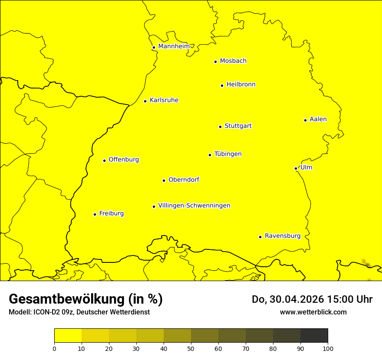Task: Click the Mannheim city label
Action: pos(174,46)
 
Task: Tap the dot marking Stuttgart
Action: pos(220,127)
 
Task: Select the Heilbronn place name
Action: pos(241,85)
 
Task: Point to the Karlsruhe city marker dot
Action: pos(145,101)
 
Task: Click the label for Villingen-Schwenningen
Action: pos(194,206)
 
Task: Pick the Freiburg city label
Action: pos(111,213)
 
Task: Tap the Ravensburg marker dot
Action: pos(260,237)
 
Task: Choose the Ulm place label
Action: pos(306,167)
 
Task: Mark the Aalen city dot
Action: pos(305,120)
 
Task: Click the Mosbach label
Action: pos(233,61)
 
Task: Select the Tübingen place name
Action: pos(228,154)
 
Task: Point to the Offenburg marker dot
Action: pos(104,160)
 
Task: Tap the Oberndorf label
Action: pos(184,180)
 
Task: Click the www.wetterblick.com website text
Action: pos(313,312)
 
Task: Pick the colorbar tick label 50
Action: pos(191,348)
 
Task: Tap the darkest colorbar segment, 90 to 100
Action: pos(314,335)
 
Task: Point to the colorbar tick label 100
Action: pos(328,348)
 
